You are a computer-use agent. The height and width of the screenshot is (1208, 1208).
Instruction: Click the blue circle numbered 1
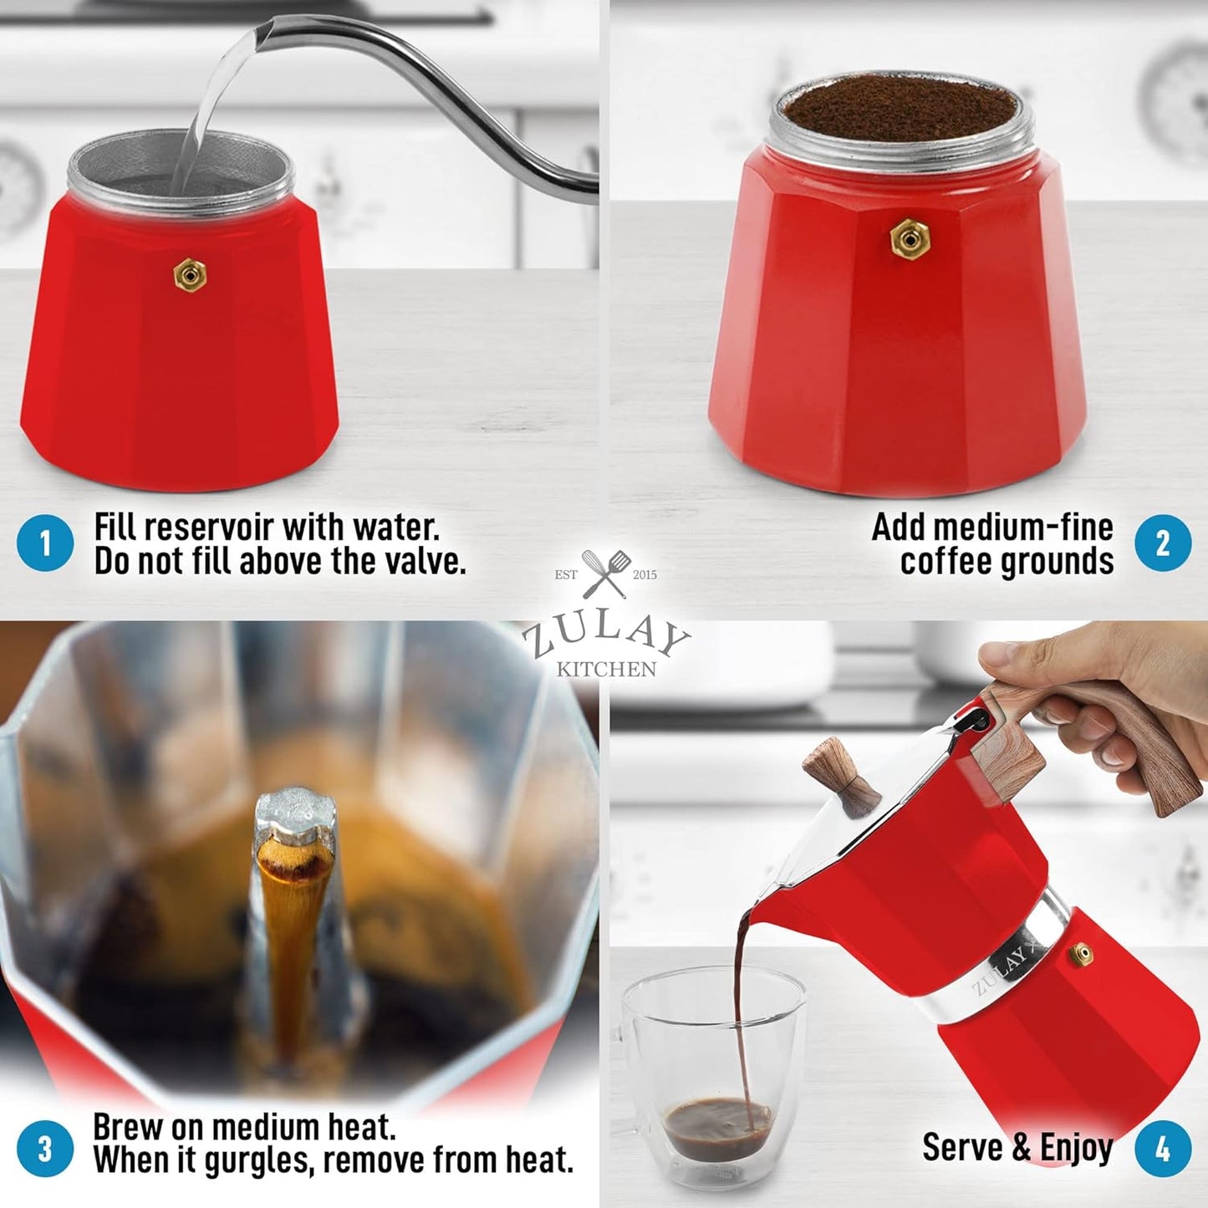[x=45, y=543]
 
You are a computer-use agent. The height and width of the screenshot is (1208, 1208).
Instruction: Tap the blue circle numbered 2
[x=1163, y=543]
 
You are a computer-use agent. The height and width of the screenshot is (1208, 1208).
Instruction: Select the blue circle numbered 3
[x=45, y=1149]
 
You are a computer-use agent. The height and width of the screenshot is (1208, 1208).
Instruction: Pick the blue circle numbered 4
[x=1163, y=1149]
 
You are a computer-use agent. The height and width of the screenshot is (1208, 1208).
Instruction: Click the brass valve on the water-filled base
[x=190, y=275]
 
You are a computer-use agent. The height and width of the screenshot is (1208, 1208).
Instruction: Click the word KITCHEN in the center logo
[x=606, y=669]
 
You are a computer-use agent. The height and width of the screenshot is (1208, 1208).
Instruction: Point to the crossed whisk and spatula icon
[x=606, y=573]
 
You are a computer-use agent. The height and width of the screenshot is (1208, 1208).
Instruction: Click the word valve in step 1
[x=422, y=561]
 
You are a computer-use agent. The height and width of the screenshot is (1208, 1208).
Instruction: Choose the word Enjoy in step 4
[x=1076, y=1148]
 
